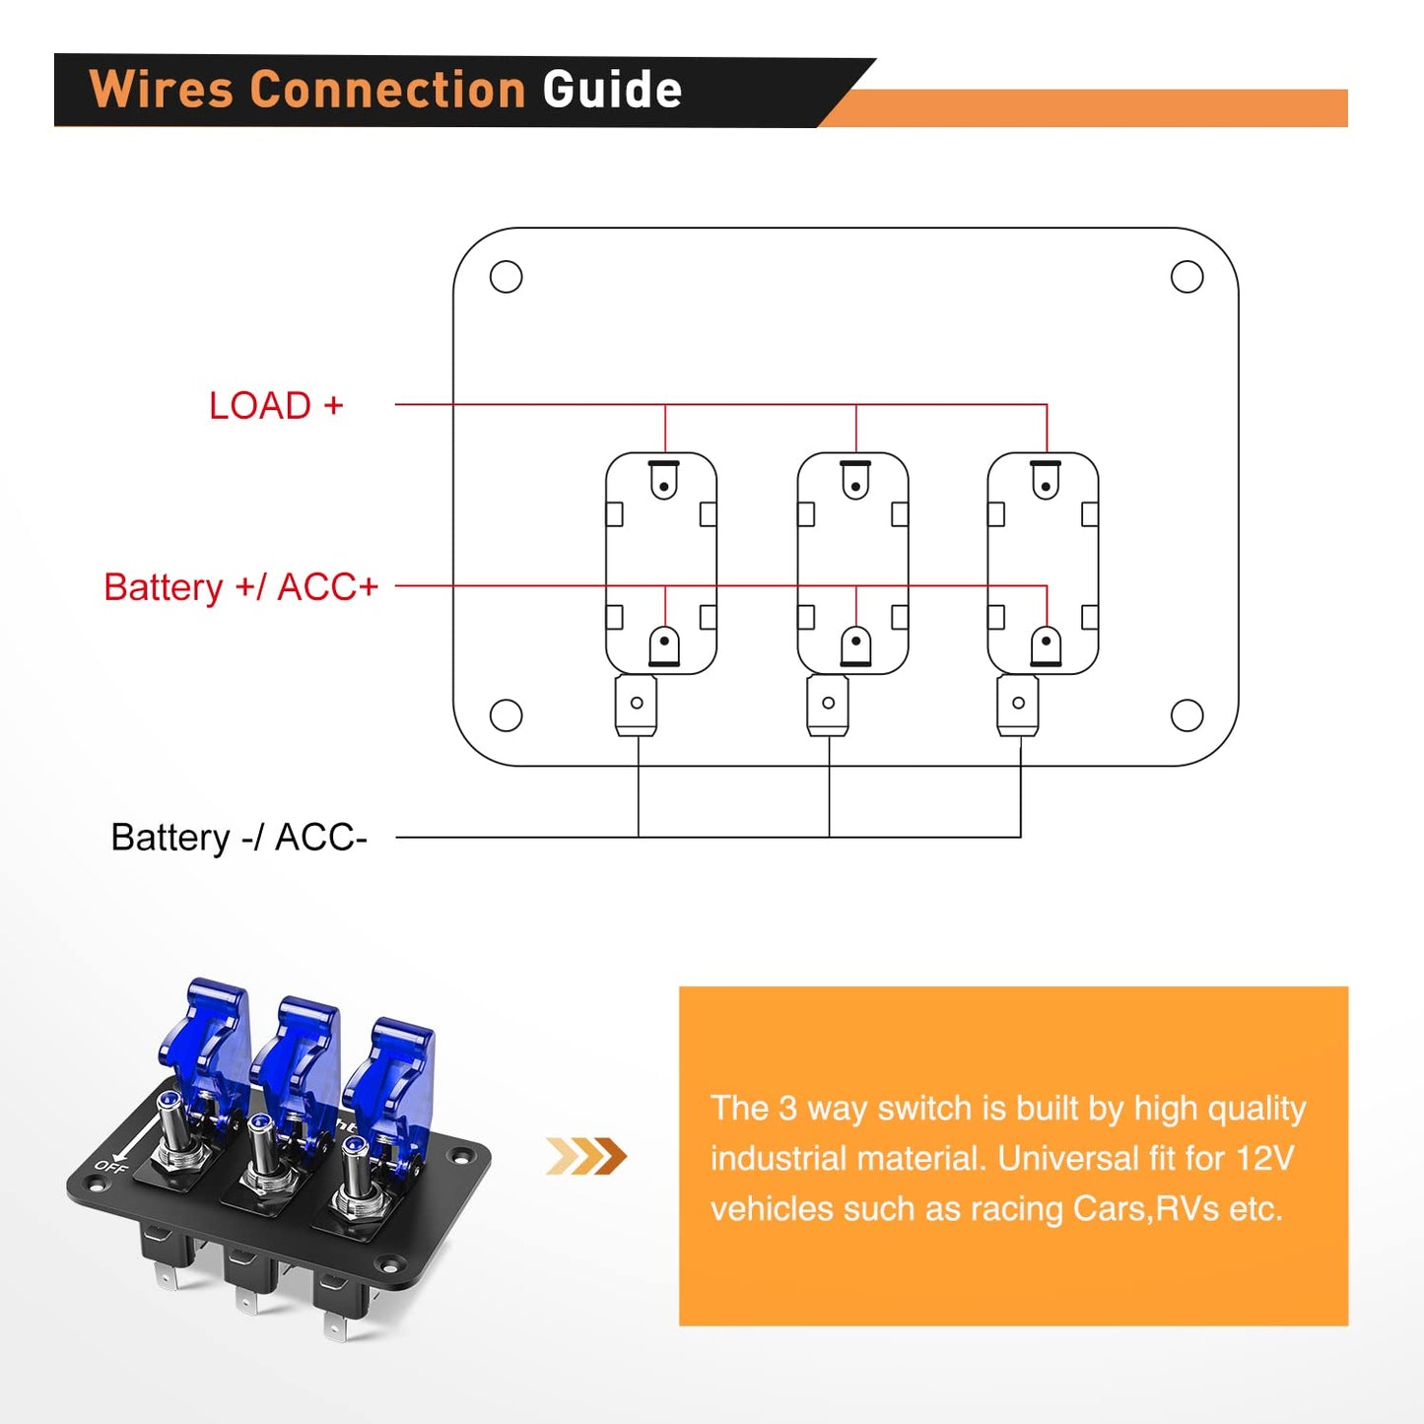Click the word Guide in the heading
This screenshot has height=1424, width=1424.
click(x=612, y=90)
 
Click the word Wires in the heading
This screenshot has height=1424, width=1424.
click(x=162, y=90)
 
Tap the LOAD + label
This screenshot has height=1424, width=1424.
click(x=276, y=406)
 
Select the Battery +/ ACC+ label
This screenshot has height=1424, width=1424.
click(x=241, y=587)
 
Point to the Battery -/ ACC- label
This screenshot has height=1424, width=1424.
click(x=238, y=838)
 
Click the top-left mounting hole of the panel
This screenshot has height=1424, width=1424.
click(x=506, y=277)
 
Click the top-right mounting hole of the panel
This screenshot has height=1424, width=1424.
click(x=1187, y=277)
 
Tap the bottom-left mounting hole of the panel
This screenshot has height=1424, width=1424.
click(x=506, y=715)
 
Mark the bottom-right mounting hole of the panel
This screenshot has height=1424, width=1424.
click(x=1187, y=715)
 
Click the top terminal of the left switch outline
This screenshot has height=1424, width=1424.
click(x=664, y=481)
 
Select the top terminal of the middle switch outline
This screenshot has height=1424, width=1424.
click(x=855, y=481)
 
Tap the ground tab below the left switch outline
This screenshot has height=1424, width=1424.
click(x=637, y=704)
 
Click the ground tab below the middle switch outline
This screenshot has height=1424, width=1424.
click(x=828, y=704)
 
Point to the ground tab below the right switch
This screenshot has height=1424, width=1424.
click(x=1018, y=704)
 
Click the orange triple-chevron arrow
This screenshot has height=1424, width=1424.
click(x=586, y=1156)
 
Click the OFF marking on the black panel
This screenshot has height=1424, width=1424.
click(x=110, y=1167)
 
